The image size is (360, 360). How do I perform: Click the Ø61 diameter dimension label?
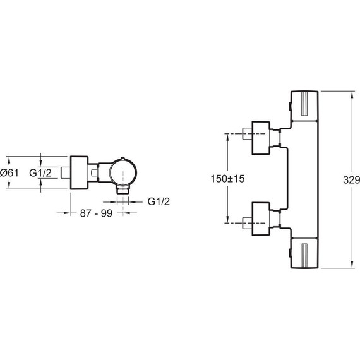pos(9,173)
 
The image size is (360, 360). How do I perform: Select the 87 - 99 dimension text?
pos(96,213)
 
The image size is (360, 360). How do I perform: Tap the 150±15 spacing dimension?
pos(227,179)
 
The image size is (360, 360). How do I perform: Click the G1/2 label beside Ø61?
pos(40,173)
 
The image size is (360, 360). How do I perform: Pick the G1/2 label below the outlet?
pos(159,201)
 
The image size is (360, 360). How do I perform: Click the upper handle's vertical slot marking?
pos(304,104)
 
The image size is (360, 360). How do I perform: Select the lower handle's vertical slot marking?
pos(304,255)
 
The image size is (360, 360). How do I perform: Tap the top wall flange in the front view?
pos(261,138)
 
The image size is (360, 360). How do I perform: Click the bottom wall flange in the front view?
pos(261,219)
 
